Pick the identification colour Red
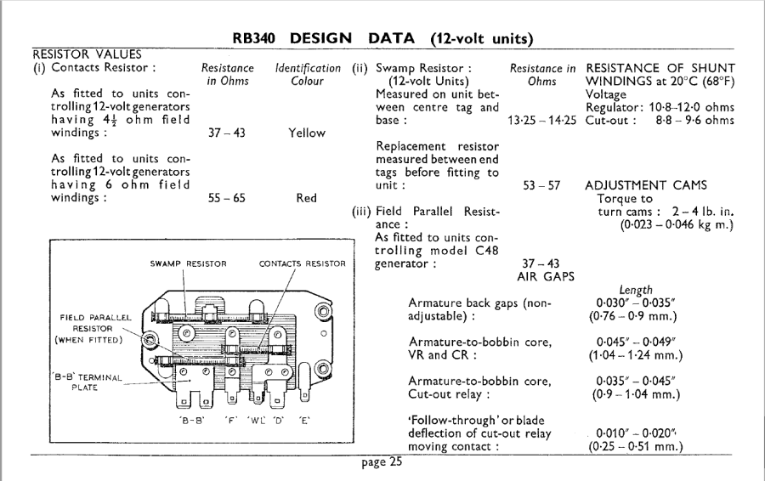(x=307, y=198)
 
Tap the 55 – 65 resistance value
(x=227, y=198)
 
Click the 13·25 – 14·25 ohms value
(x=541, y=121)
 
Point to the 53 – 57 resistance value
(x=541, y=185)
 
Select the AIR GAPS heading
(x=541, y=276)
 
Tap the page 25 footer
(x=382, y=463)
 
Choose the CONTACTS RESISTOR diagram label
(x=302, y=264)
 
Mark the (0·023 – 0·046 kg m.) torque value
(x=677, y=224)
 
